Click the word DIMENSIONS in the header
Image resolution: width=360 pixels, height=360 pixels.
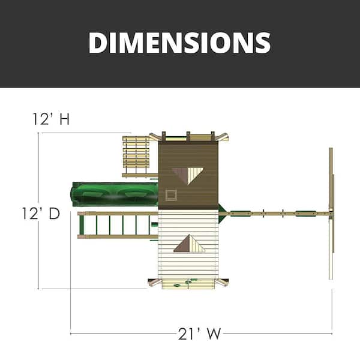179,43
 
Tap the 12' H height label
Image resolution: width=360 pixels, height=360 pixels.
51,119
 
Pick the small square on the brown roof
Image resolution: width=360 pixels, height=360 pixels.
170,194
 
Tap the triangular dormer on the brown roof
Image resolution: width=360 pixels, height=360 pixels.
188,175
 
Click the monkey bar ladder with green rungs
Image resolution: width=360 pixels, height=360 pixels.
114,225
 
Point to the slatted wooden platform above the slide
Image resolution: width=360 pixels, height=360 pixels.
136,153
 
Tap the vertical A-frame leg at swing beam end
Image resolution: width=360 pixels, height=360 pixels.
330,213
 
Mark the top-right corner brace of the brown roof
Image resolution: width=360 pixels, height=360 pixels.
223,137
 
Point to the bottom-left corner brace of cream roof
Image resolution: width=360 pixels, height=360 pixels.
154,282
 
